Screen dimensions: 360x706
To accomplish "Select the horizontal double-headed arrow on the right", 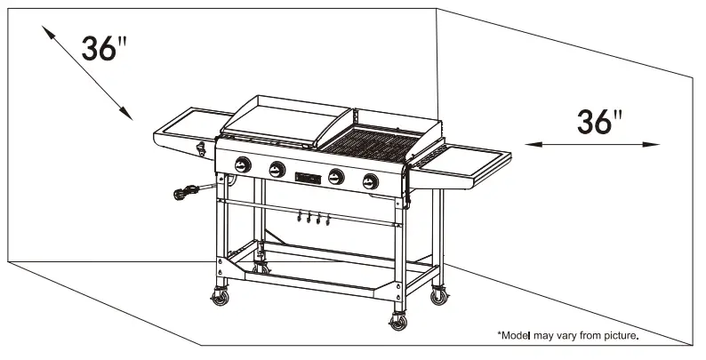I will click(x=592, y=144).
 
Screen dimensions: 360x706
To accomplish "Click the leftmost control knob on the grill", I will click(x=243, y=165).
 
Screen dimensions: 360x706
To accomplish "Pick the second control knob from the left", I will click(x=277, y=169).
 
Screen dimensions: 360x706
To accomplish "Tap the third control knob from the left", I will click(x=335, y=176).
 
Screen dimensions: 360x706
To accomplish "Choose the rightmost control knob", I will click(x=369, y=181).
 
